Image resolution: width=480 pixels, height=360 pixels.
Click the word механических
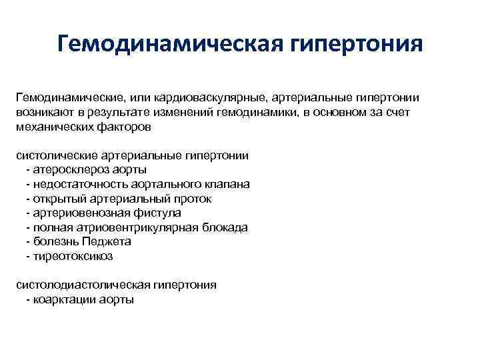pos(54,127)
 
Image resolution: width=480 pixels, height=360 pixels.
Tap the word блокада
pos(223,227)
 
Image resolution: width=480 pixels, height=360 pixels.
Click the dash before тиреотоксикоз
pos(27,256)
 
